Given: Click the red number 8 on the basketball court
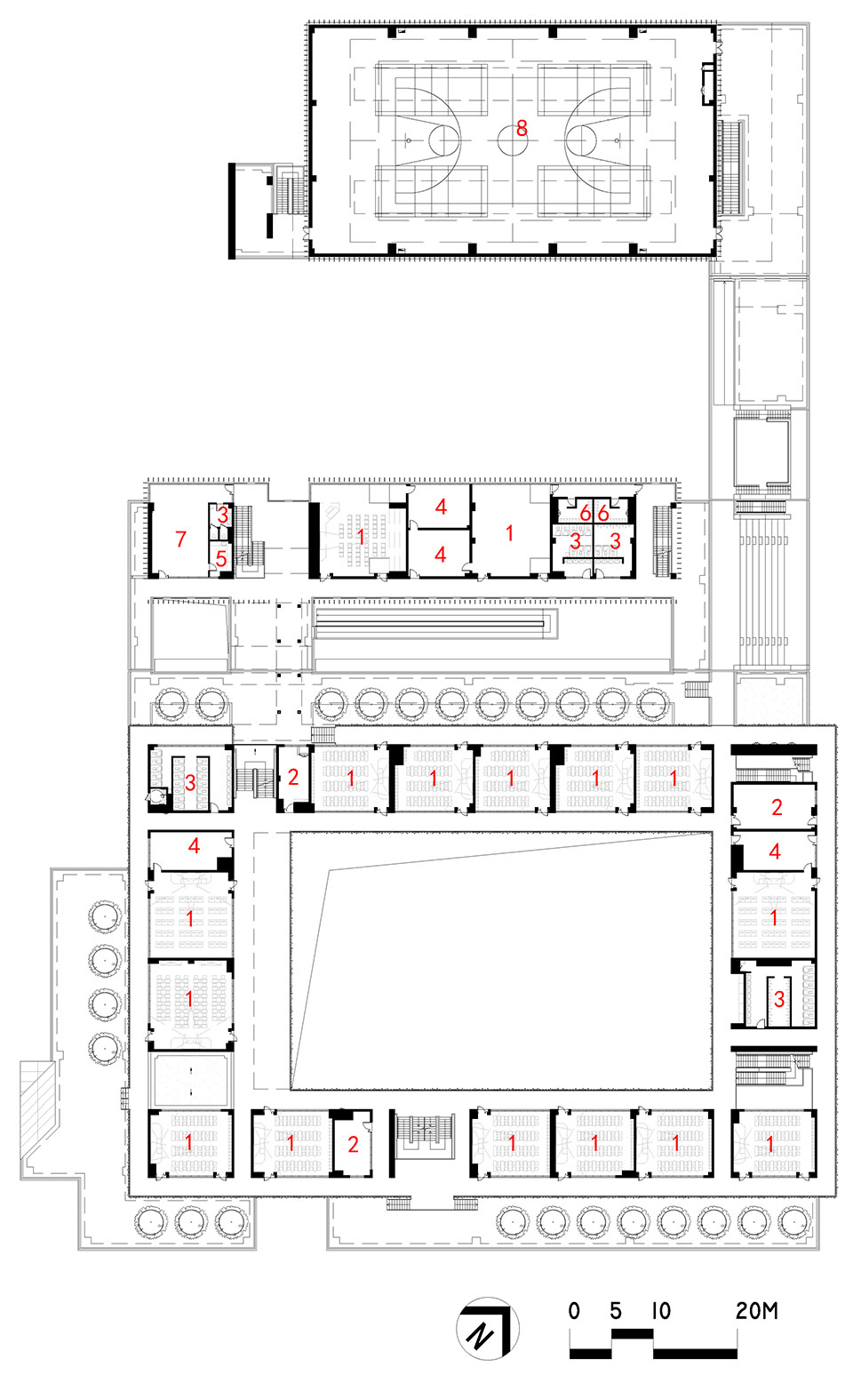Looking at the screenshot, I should click(x=522, y=129).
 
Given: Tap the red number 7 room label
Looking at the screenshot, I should click(x=181, y=539).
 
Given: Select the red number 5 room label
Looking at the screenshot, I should click(x=221, y=559).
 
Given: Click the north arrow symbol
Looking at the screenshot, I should click(x=486, y=1329).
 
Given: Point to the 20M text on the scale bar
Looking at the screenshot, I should click(x=756, y=1310).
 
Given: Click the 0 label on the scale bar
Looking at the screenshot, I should click(x=574, y=1310).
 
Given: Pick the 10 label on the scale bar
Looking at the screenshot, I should click(x=660, y=1310).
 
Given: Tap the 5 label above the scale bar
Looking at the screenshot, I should click(x=616, y=1310).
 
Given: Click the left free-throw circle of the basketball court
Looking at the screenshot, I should click(x=443, y=140).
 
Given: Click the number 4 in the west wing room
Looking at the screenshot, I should click(x=194, y=846).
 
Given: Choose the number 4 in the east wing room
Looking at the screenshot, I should click(x=775, y=851).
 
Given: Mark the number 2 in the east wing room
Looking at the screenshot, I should click(x=777, y=807).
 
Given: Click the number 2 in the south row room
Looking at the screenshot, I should click(x=353, y=1144).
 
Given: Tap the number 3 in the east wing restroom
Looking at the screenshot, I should click(x=779, y=999).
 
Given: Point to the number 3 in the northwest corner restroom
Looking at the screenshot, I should click(x=190, y=783).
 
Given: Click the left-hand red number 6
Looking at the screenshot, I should click(x=585, y=514).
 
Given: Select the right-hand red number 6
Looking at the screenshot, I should click(x=603, y=514).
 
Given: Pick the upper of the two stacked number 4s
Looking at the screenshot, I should click(x=441, y=507).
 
